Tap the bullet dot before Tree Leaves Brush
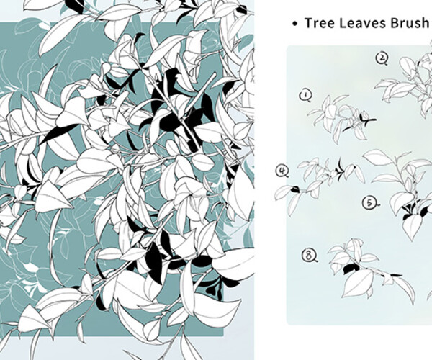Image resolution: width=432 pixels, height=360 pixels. (294, 24)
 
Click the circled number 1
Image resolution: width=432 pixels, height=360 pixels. (305, 94)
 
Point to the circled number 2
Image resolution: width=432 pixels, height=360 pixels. (382, 58)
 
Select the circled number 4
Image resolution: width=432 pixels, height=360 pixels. (282, 171)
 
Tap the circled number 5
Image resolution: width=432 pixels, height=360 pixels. (369, 204)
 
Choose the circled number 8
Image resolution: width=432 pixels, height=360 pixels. (310, 255)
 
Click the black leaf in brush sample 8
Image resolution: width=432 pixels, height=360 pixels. (350, 269)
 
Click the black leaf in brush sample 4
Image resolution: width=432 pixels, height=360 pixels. (286, 191)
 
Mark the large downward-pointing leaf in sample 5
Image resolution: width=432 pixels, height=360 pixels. (412, 227)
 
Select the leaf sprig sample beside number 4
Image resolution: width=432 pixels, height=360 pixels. (317, 176)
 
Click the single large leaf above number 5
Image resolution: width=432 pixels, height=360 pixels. (377, 157)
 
